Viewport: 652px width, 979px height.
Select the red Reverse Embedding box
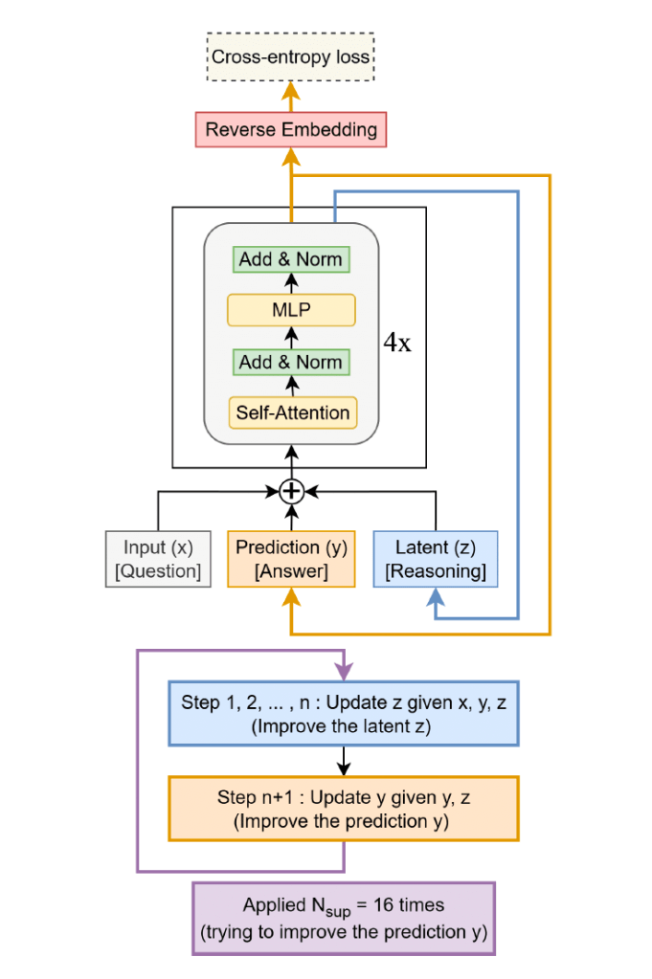coord(291,129)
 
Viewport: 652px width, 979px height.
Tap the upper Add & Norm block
coord(290,258)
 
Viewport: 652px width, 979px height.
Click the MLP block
coord(290,310)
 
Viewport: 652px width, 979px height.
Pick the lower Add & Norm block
coord(290,362)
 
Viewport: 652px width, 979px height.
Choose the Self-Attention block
coord(290,413)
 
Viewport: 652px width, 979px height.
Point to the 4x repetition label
coord(397,344)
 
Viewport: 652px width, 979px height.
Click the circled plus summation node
coord(291,491)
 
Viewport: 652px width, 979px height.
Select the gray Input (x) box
coord(158,559)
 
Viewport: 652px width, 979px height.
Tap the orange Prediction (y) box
coord(291,559)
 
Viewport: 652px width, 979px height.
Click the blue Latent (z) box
coord(436,559)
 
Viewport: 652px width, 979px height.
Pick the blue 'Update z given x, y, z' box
coord(343,713)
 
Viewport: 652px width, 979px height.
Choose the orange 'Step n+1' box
coord(343,809)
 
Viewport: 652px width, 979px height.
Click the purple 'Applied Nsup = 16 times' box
coord(343,919)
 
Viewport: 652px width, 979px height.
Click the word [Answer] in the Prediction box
coord(291,572)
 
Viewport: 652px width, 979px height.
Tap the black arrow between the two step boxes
coord(343,761)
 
